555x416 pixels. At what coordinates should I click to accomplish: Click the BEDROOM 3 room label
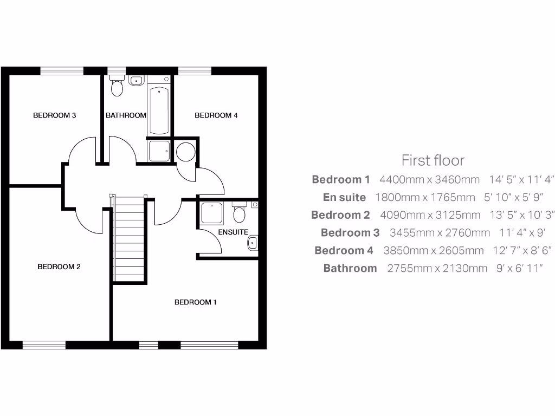coord(54,115)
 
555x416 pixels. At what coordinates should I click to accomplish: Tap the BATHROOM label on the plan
coord(126,115)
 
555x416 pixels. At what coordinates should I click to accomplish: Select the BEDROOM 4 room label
coord(216,115)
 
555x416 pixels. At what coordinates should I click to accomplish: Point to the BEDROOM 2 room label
coord(59,266)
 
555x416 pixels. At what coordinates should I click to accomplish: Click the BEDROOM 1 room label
coord(195,302)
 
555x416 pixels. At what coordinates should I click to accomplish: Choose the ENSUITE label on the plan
coord(233,232)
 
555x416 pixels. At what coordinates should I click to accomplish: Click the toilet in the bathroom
coord(117,87)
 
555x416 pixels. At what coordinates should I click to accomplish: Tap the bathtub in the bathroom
coord(159,108)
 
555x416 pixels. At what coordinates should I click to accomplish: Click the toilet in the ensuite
coord(238,213)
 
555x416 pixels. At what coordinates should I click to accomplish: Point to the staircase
coord(130,238)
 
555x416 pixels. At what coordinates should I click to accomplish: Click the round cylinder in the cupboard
coord(186,151)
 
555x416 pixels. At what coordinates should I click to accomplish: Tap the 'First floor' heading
coord(433,160)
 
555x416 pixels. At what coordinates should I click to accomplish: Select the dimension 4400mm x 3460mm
coord(430,179)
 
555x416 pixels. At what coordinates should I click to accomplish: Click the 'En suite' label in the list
coord(344,197)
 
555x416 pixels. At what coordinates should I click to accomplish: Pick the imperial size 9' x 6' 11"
coord(519,268)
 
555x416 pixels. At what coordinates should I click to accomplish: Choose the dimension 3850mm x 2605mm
coord(433,250)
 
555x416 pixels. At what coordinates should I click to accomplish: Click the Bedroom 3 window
coord(62,70)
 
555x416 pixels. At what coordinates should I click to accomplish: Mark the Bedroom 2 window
coord(44,345)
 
